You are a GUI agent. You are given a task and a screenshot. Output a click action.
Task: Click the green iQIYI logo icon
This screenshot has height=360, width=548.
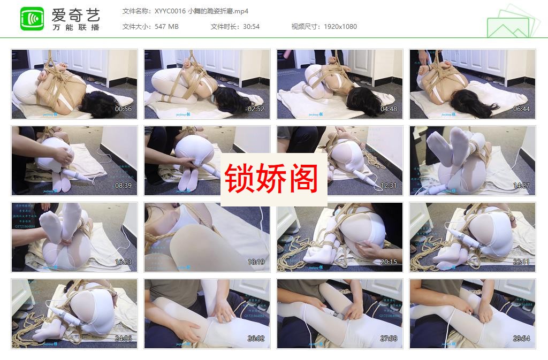click(x=32, y=19)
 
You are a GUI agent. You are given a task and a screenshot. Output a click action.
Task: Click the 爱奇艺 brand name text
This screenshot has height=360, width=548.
click(x=75, y=14)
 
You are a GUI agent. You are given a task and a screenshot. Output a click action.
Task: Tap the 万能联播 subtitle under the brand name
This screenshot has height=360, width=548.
click(x=75, y=27)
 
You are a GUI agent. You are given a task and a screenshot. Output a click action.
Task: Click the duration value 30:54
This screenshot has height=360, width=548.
click(x=250, y=26)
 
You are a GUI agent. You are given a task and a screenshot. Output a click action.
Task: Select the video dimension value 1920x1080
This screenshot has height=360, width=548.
click(x=340, y=26)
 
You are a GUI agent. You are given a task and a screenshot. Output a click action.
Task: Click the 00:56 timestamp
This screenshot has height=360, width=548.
click(x=123, y=109)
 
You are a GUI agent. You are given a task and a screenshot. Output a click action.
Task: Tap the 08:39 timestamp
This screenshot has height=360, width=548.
click(x=123, y=186)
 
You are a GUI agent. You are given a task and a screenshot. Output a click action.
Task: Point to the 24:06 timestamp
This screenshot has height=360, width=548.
click(x=123, y=339)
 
